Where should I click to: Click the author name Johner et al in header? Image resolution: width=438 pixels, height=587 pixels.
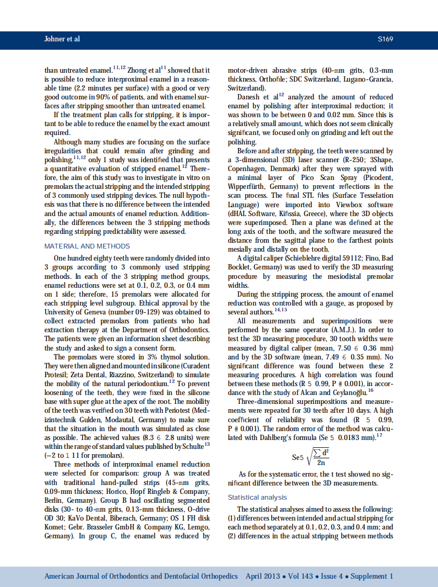pyautogui.click(x=62, y=39)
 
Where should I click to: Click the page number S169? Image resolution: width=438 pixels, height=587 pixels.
pyautogui.click(x=385, y=39)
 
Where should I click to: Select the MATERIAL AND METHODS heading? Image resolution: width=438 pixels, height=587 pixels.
pyautogui.click(x=87, y=246)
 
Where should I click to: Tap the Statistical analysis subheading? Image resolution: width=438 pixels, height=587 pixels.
pyautogui.click(x=257, y=497)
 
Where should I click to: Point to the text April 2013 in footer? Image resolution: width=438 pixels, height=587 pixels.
pyautogui.click(x=263, y=576)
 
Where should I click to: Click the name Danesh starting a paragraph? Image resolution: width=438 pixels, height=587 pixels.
pyautogui.click(x=249, y=97)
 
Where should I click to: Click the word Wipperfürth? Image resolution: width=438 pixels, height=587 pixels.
pyautogui.click(x=249, y=187)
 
